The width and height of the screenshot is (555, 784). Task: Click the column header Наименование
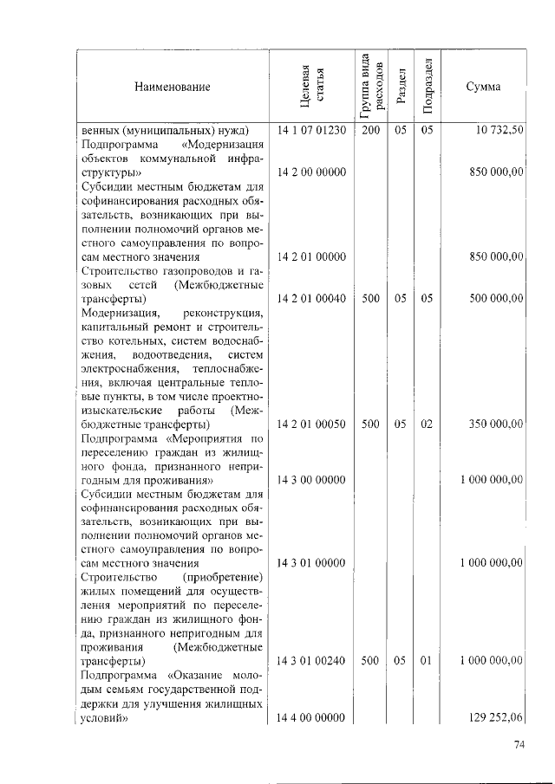pyautogui.click(x=172, y=87)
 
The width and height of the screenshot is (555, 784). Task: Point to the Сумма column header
pyautogui.click(x=482, y=87)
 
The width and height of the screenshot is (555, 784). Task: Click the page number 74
pyautogui.click(x=520, y=745)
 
